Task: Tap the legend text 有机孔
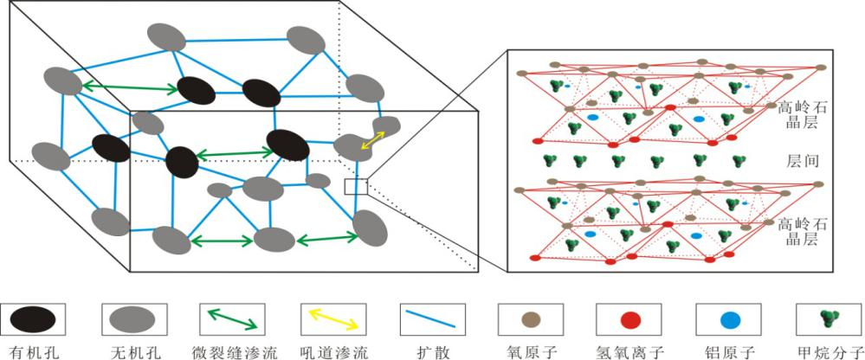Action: (32, 350)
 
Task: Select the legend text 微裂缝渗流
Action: (229, 350)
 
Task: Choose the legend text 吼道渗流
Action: (330, 350)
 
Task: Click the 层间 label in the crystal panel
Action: (796, 162)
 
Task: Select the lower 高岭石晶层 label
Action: (796, 233)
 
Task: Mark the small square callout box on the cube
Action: (356, 186)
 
